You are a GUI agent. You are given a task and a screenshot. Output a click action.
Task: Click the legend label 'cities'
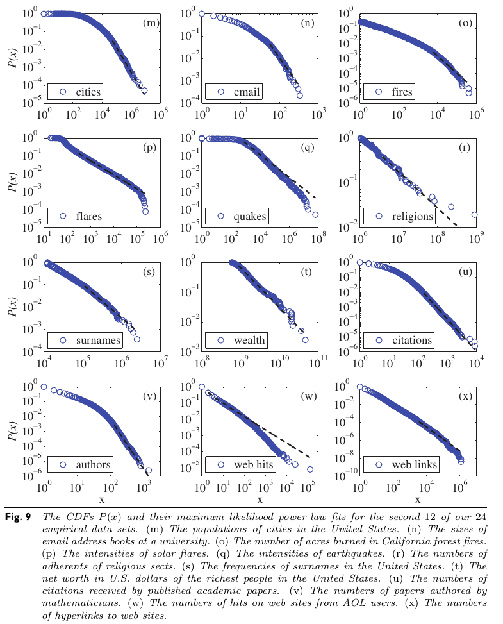[x=88, y=92]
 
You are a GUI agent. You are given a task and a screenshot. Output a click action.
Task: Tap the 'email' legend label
[x=247, y=92]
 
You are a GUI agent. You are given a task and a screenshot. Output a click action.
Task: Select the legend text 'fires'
[x=402, y=92]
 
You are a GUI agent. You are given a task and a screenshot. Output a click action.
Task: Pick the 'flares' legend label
[x=88, y=216]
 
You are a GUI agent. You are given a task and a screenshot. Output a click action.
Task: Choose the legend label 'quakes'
[x=251, y=216]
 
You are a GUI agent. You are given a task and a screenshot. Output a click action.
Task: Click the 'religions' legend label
[x=413, y=216]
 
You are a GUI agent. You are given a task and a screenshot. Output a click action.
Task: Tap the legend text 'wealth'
[x=250, y=341]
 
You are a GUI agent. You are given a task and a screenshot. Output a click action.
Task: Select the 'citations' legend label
[x=413, y=341]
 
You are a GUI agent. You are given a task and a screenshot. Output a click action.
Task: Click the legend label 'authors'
[x=93, y=464]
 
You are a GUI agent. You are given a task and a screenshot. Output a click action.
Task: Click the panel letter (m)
[x=151, y=24]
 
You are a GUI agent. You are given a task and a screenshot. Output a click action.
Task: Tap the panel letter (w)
[x=309, y=396]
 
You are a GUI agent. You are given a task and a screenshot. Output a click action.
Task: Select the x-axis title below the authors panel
[x=101, y=500]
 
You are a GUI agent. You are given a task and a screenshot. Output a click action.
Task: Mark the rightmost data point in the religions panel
[x=475, y=215]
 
